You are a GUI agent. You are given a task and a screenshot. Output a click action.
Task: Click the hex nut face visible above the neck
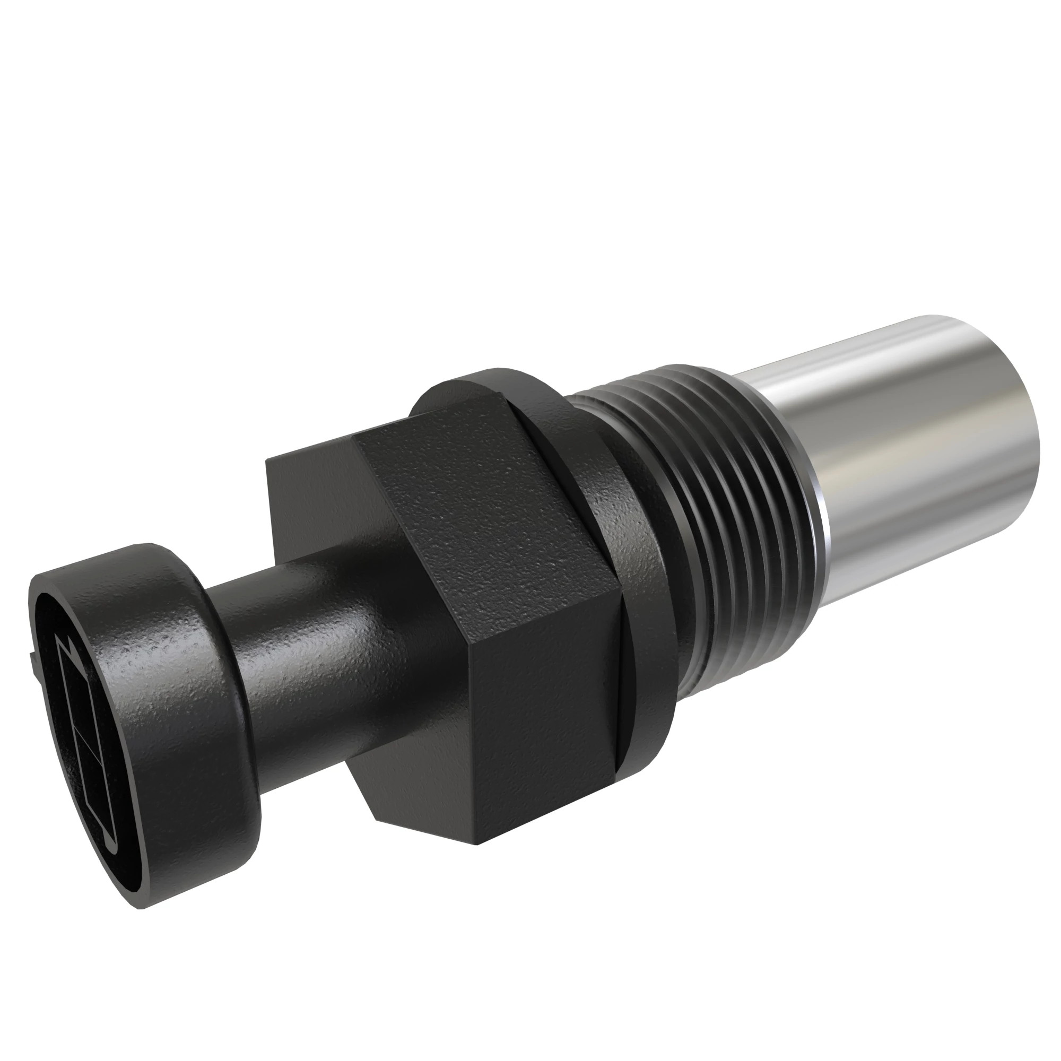click(313, 494)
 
